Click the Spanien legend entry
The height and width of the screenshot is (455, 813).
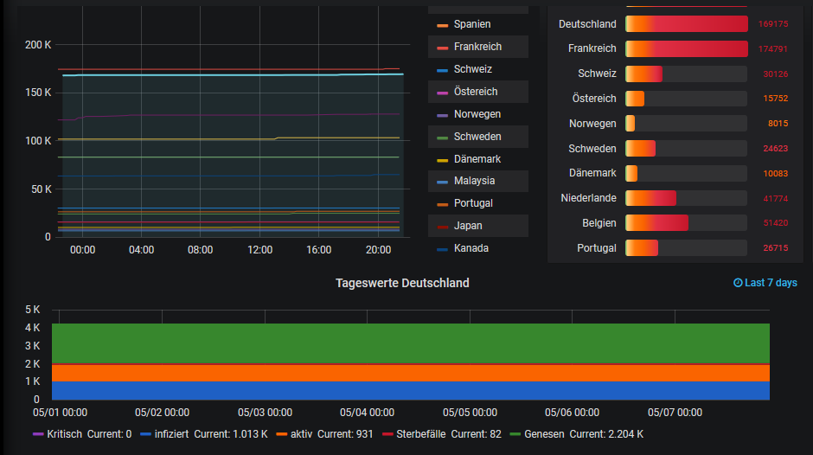click(471, 24)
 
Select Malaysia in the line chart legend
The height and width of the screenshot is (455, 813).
click(474, 181)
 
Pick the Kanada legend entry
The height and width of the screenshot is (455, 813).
click(471, 248)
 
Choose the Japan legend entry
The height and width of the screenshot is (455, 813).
click(468, 226)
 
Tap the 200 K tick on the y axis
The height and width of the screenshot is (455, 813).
click(38, 44)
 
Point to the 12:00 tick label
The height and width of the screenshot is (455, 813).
click(259, 249)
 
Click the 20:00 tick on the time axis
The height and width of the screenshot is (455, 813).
click(378, 249)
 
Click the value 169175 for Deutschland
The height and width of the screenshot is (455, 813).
click(772, 24)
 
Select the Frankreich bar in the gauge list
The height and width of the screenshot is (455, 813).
click(686, 48)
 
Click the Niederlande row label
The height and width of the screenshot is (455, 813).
click(588, 198)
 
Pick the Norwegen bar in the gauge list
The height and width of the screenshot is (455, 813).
click(630, 124)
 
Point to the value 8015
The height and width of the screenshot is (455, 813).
click(778, 124)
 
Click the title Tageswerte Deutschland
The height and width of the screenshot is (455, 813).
click(402, 283)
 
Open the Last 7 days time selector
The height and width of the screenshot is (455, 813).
click(765, 283)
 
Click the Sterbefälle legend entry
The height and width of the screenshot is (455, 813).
click(419, 434)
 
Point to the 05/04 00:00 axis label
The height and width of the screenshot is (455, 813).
click(367, 413)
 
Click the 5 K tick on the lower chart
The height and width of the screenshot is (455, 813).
click(33, 310)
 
